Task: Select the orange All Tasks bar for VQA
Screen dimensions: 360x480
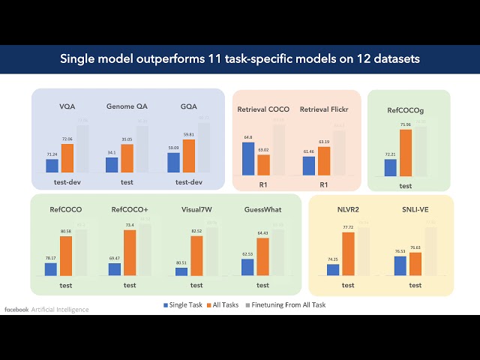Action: [x=67, y=158]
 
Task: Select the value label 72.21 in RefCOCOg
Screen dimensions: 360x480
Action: [x=390, y=154]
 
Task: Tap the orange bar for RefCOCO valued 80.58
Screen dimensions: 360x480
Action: [x=66, y=256]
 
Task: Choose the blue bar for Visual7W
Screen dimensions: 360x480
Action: [x=181, y=271]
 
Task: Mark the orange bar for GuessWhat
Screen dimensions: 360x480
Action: [x=262, y=256]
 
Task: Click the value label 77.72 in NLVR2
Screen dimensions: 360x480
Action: [x=348, y=227]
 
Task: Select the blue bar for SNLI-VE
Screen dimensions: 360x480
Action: [x=400, y=265]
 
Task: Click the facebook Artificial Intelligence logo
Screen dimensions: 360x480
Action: [x=46, y=309]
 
